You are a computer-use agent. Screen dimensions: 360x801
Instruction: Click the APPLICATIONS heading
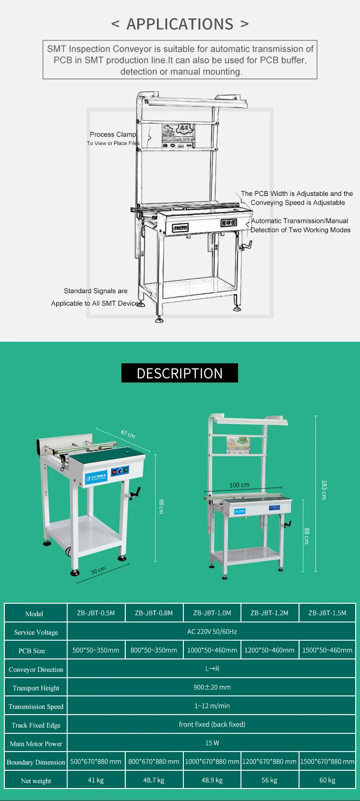180,24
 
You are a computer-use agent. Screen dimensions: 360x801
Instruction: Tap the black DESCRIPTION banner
180,373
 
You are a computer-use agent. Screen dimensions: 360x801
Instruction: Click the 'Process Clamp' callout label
113,134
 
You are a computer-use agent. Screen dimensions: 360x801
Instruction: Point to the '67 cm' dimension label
128,434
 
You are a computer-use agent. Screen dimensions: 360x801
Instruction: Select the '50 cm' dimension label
98,570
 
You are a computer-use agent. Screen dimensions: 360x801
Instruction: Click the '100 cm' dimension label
239,485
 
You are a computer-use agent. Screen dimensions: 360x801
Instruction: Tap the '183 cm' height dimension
324,490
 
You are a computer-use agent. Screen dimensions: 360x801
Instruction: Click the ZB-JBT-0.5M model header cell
96,613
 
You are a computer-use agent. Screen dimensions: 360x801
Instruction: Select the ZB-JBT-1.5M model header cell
327,613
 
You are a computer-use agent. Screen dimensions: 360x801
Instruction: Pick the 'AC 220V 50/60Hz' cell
212,632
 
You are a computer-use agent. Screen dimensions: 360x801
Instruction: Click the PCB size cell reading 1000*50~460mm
212,650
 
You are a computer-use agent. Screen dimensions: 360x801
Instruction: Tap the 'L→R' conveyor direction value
212,669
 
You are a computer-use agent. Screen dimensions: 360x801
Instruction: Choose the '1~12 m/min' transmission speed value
212,706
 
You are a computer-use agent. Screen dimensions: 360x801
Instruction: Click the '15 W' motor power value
212,743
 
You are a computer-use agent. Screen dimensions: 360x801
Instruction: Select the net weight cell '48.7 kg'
154,780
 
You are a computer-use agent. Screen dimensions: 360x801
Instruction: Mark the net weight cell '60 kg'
327,780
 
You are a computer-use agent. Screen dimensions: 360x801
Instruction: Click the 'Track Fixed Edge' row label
36,725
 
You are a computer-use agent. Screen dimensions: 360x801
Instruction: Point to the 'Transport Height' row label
36,688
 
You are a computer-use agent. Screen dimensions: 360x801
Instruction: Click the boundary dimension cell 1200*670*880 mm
269,762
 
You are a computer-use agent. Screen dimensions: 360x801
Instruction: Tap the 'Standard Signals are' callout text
96,291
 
